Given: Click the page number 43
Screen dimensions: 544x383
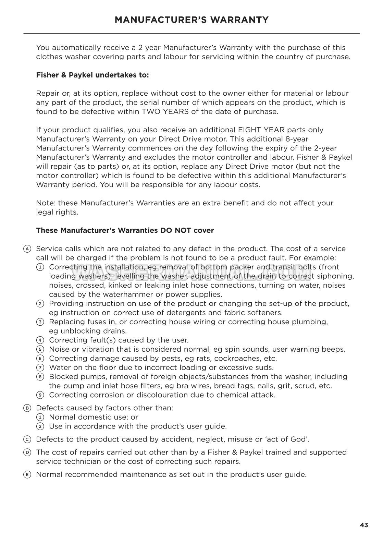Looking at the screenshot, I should [x=364, y=525].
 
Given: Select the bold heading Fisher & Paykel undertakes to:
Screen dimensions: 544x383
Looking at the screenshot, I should [x=92, y=75].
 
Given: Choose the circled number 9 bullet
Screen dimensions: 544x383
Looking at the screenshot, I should [x=40, y=395].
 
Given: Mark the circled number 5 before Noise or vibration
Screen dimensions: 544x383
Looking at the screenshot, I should [x=40, y=350].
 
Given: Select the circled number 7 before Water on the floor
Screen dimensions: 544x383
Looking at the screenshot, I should [x=40, y=368].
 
